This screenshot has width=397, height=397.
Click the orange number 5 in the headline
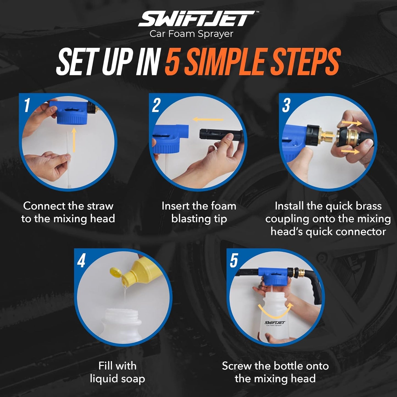point(173,62)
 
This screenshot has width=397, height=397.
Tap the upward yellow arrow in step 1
point(74,140)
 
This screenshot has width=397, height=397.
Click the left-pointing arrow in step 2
point(208,120)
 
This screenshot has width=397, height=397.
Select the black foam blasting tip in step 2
point(220,135)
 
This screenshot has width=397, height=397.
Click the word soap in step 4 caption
point(132,379)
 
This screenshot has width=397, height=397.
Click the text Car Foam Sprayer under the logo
point(191,34)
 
